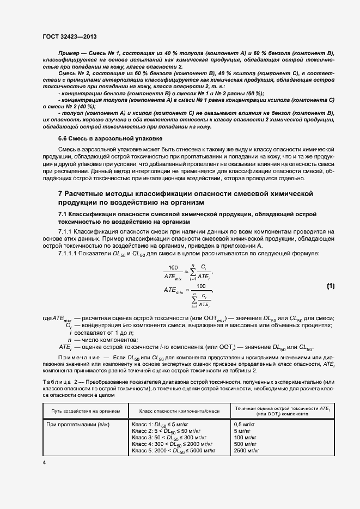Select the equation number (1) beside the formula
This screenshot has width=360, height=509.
(x=331, y=286)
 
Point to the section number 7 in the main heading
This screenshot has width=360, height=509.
(x=60, y=194)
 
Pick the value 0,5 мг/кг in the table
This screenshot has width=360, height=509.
(x=245, y=423)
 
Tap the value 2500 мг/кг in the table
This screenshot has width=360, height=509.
(x=246, y=451)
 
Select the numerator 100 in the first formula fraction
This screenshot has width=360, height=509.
(x=174, y=267)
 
